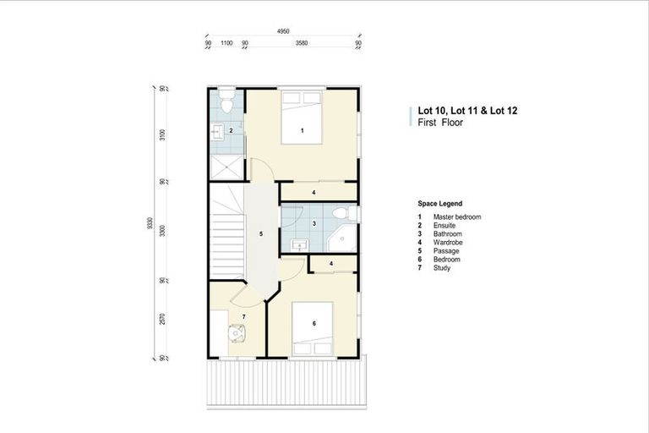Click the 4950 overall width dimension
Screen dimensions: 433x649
(283, 31)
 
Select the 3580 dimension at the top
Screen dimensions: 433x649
(301, 42)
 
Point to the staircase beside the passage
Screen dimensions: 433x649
(226, 239)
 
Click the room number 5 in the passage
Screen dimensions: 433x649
(261, 233)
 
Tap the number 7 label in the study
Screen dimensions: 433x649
(243, 316)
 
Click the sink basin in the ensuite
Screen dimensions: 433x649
(217, 130)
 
